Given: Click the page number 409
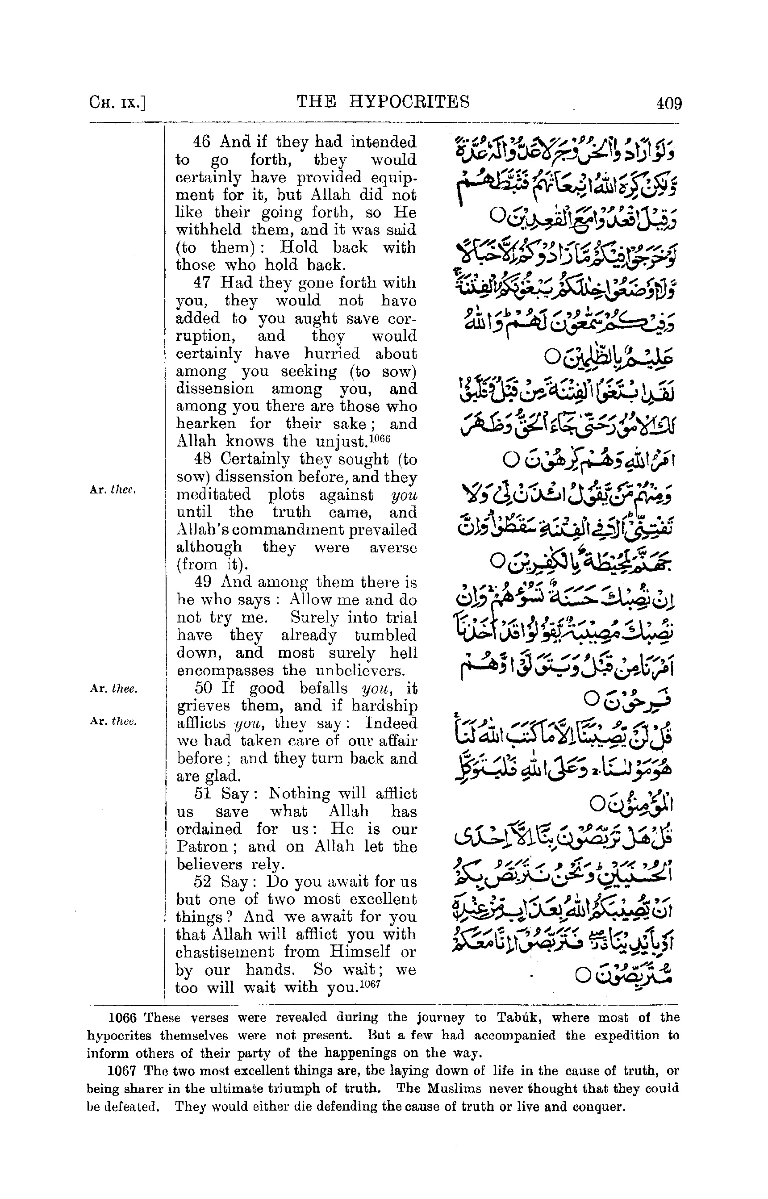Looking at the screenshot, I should point(669,103).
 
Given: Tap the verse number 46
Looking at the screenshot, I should point(202,142).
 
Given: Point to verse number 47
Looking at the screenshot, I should point(202,283).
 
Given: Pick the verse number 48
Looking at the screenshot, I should point(202,460).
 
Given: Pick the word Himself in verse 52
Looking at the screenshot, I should point(355,952).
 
